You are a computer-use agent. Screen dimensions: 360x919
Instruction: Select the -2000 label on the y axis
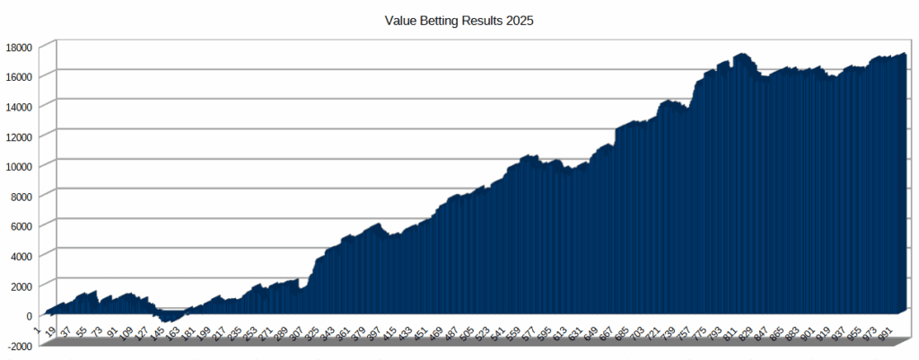[x=18, y=346]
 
